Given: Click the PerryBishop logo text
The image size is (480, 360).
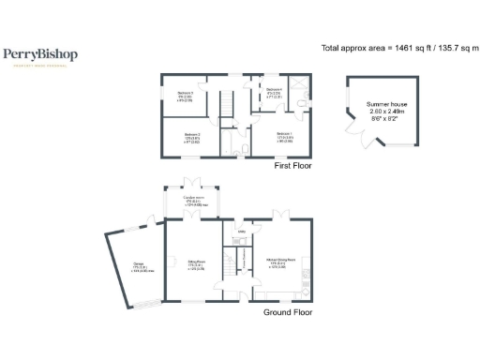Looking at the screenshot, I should coord(40,55).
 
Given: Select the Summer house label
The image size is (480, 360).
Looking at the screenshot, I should coord(383,104).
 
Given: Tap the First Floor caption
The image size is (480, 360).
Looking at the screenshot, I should coord(292,166).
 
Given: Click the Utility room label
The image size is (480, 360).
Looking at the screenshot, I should coord(241,232).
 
